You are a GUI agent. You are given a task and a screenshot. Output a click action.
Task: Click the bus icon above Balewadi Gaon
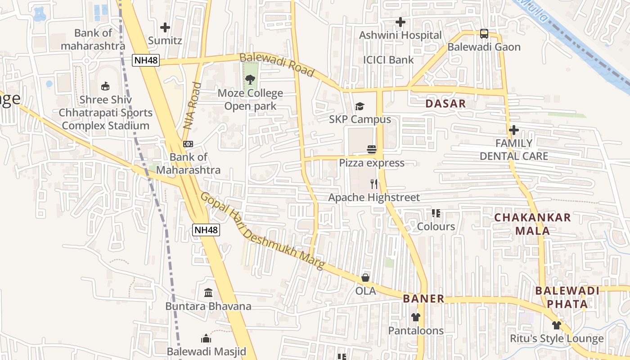[x=484, y=34]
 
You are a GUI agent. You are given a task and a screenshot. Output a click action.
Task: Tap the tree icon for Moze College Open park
[x=250, y=80]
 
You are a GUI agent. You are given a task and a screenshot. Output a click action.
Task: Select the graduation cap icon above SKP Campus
[x=360, y=107]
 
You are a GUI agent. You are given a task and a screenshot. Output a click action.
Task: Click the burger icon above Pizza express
[x=372, y=149]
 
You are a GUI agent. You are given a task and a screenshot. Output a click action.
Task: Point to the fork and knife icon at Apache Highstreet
[x=373, y=184]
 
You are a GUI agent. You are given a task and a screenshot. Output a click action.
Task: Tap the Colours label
[x=436, y=226]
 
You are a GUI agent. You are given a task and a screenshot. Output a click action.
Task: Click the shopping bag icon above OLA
[x=365, y=278]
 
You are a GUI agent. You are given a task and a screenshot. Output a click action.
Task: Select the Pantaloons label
[x=416, y=331]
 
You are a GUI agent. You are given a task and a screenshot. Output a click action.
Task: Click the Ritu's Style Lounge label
[x=556, y=338]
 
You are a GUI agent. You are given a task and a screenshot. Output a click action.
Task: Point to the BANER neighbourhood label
[x=423, y=299]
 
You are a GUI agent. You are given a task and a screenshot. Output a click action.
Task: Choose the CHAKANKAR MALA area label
[x=532, y=224]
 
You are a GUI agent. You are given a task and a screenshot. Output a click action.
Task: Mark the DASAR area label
[x=445, y=103]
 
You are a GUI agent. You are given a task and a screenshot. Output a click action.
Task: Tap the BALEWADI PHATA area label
[x=567, y=297]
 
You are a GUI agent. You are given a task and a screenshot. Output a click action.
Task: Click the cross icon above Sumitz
[x=165, y=27]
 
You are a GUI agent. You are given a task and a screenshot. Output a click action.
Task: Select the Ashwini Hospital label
[x=400, y=35]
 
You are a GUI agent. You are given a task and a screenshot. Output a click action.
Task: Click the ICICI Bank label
[x=388, y=60]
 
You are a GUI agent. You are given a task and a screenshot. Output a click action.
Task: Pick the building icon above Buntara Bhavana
[x=208, y=293]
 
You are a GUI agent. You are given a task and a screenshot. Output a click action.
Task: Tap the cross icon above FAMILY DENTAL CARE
[x=514, y=130]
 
